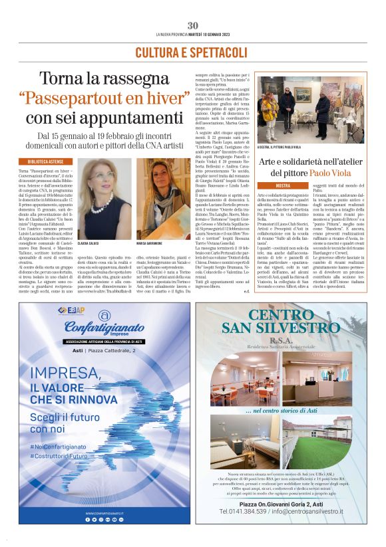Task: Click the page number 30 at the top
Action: coord(192,25)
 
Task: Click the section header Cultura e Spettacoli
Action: coord(192,52)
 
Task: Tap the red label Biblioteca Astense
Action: coord(41,162)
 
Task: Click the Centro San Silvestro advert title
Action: coord(286,320)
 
